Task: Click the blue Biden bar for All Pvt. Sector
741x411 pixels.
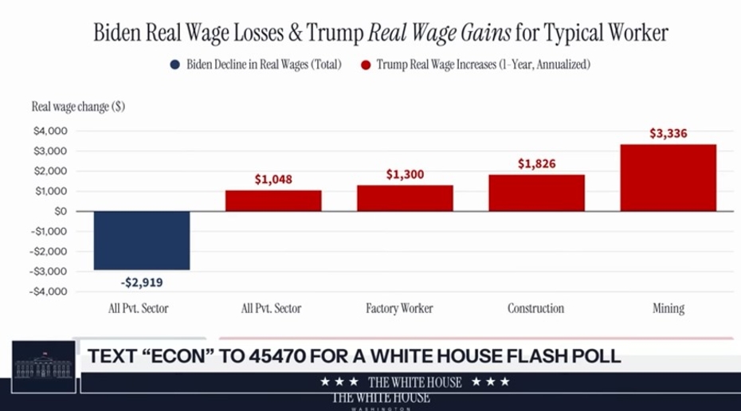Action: click(142, 241)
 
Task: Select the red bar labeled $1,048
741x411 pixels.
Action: click(273, 200)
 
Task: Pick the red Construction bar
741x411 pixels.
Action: click(536, 193)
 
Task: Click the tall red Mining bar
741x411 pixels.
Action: click(668, 178)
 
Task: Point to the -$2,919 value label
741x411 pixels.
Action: click(142, 282)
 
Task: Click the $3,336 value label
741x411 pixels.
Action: click(668, 134)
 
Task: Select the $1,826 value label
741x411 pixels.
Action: click(536, 164)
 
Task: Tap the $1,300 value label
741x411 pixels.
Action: click(405, 174)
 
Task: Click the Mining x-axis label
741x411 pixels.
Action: click(668, 308)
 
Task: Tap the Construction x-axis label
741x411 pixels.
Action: click(536, 308)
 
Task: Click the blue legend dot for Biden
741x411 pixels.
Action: click(174, 64)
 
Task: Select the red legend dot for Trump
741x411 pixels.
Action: click(367, 64)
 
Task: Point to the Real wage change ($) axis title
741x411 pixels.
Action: click(78, 106)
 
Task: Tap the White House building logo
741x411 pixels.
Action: click(45, 368)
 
